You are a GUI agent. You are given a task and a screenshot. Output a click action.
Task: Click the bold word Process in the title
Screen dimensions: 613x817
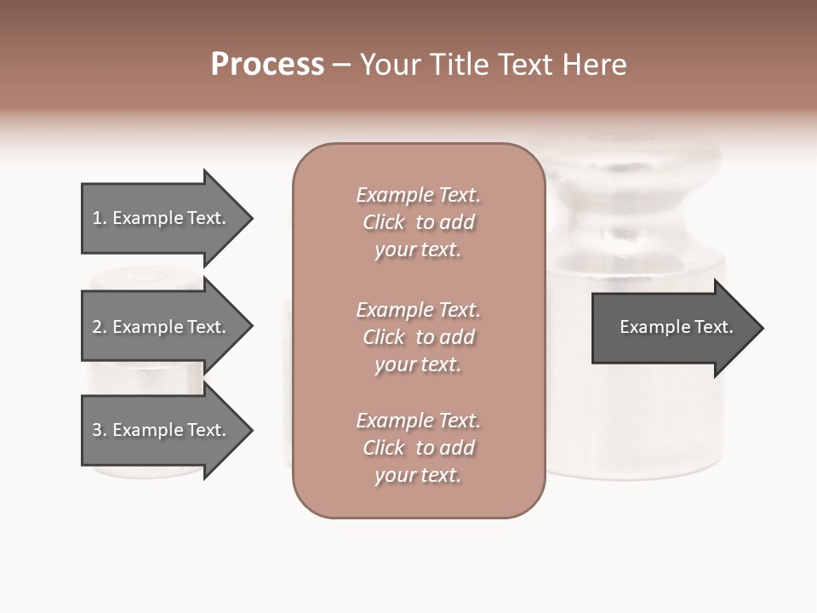[x=267, y=65]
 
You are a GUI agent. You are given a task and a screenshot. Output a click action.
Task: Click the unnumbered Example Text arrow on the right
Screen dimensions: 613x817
[x=676, y=328]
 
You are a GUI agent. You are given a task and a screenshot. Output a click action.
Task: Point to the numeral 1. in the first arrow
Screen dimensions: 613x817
[x=100, y=218]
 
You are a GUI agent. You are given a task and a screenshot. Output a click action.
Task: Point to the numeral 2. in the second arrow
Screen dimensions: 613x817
[x=100, y=327]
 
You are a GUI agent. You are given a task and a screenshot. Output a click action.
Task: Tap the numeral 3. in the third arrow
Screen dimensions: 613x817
[x=100, y=430]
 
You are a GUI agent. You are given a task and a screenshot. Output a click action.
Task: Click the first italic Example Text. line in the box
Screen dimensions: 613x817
[x=418, y=195]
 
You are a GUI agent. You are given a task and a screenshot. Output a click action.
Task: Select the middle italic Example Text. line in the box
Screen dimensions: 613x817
[x=418, y=310]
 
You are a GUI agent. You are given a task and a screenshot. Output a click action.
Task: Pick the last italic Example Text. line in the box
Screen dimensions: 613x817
[x=418, y=421]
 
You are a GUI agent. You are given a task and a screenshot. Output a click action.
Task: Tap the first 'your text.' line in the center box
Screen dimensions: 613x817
[x=418, y=250]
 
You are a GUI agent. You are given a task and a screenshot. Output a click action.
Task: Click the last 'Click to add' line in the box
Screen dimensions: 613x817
[x=418, y=448]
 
